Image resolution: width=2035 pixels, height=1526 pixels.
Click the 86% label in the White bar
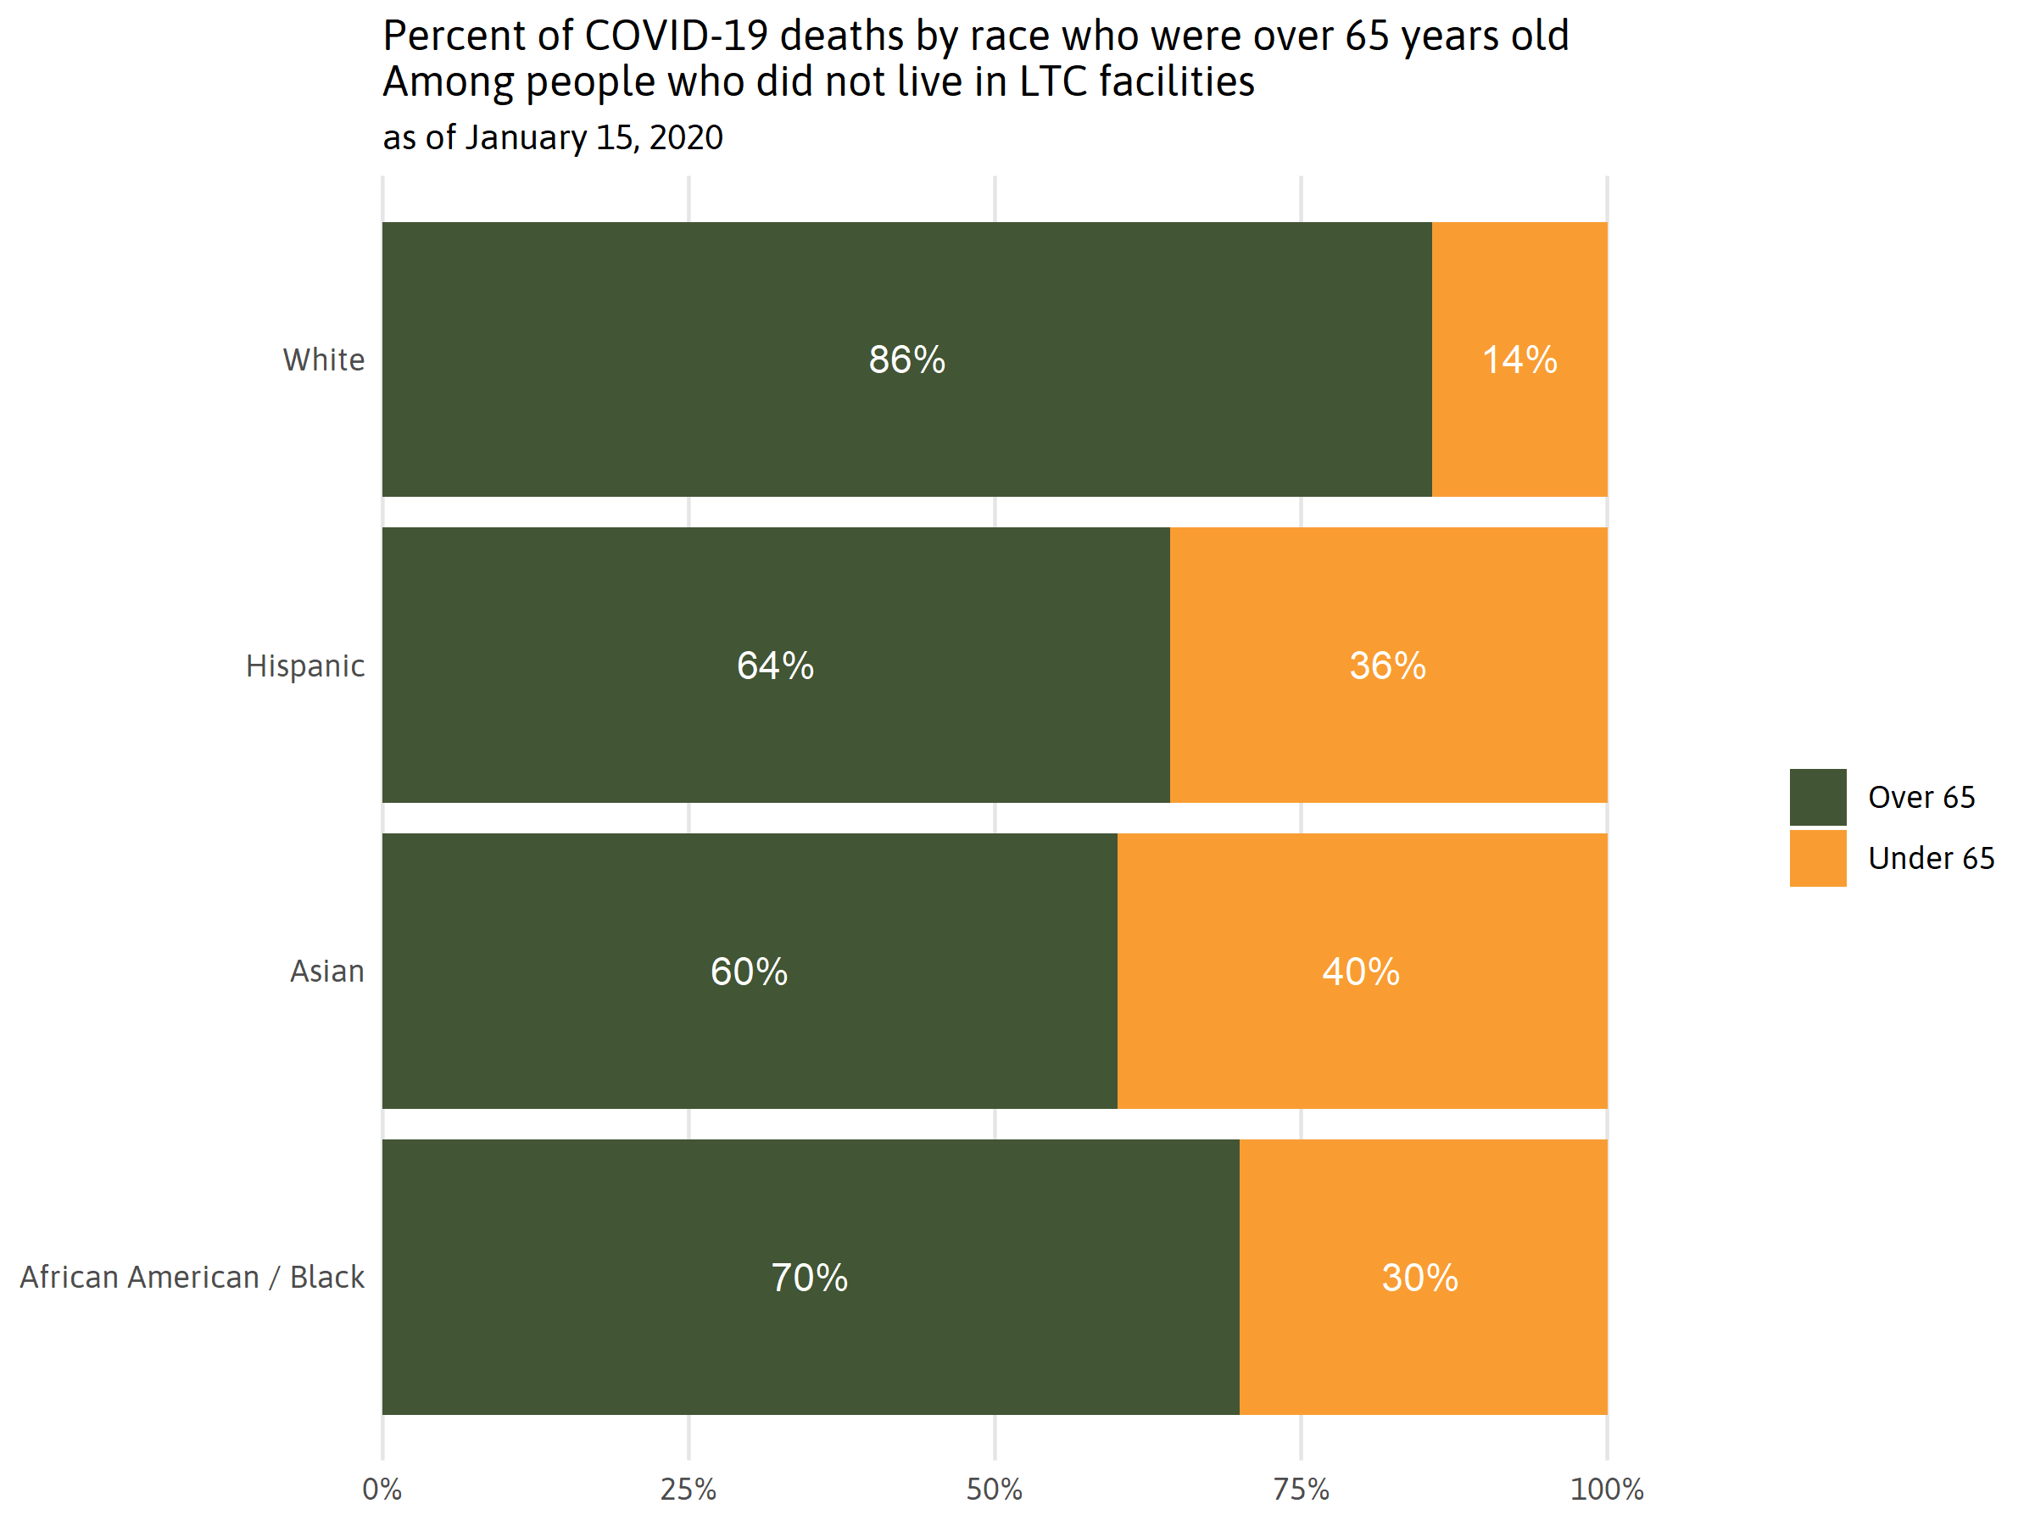[x=906, y=359]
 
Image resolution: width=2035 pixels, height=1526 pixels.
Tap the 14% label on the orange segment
[x=1519, y=359]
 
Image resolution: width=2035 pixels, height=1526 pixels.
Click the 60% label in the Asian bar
[x=749, y=972]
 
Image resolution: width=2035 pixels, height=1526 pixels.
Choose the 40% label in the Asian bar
[x=1361, y=972]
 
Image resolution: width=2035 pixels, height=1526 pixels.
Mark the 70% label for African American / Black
[x=809, y=1278]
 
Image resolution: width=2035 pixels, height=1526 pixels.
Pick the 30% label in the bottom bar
[x=1419, y=1278]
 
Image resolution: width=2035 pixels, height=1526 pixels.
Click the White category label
[x=323, y=359]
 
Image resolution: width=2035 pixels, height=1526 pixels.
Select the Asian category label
[x=326, y=972]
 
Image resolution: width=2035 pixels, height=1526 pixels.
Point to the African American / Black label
[x=192, y=1278]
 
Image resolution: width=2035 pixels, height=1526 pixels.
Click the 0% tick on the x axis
[x=382, y=1490]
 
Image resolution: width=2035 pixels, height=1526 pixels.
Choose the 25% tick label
[x=689, y=1490]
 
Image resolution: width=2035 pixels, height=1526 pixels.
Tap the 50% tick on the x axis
[x=994, y=1490]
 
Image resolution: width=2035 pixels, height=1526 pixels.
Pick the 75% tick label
[x=1300, y=1490]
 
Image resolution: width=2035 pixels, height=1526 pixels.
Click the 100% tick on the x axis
[x=1606, y=1490]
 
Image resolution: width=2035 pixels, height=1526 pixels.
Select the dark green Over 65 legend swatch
[x=1817, y=797]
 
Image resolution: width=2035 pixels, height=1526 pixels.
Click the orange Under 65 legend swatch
[x=1817, y=858]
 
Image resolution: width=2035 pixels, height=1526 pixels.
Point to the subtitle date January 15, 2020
[x=594, y=138]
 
